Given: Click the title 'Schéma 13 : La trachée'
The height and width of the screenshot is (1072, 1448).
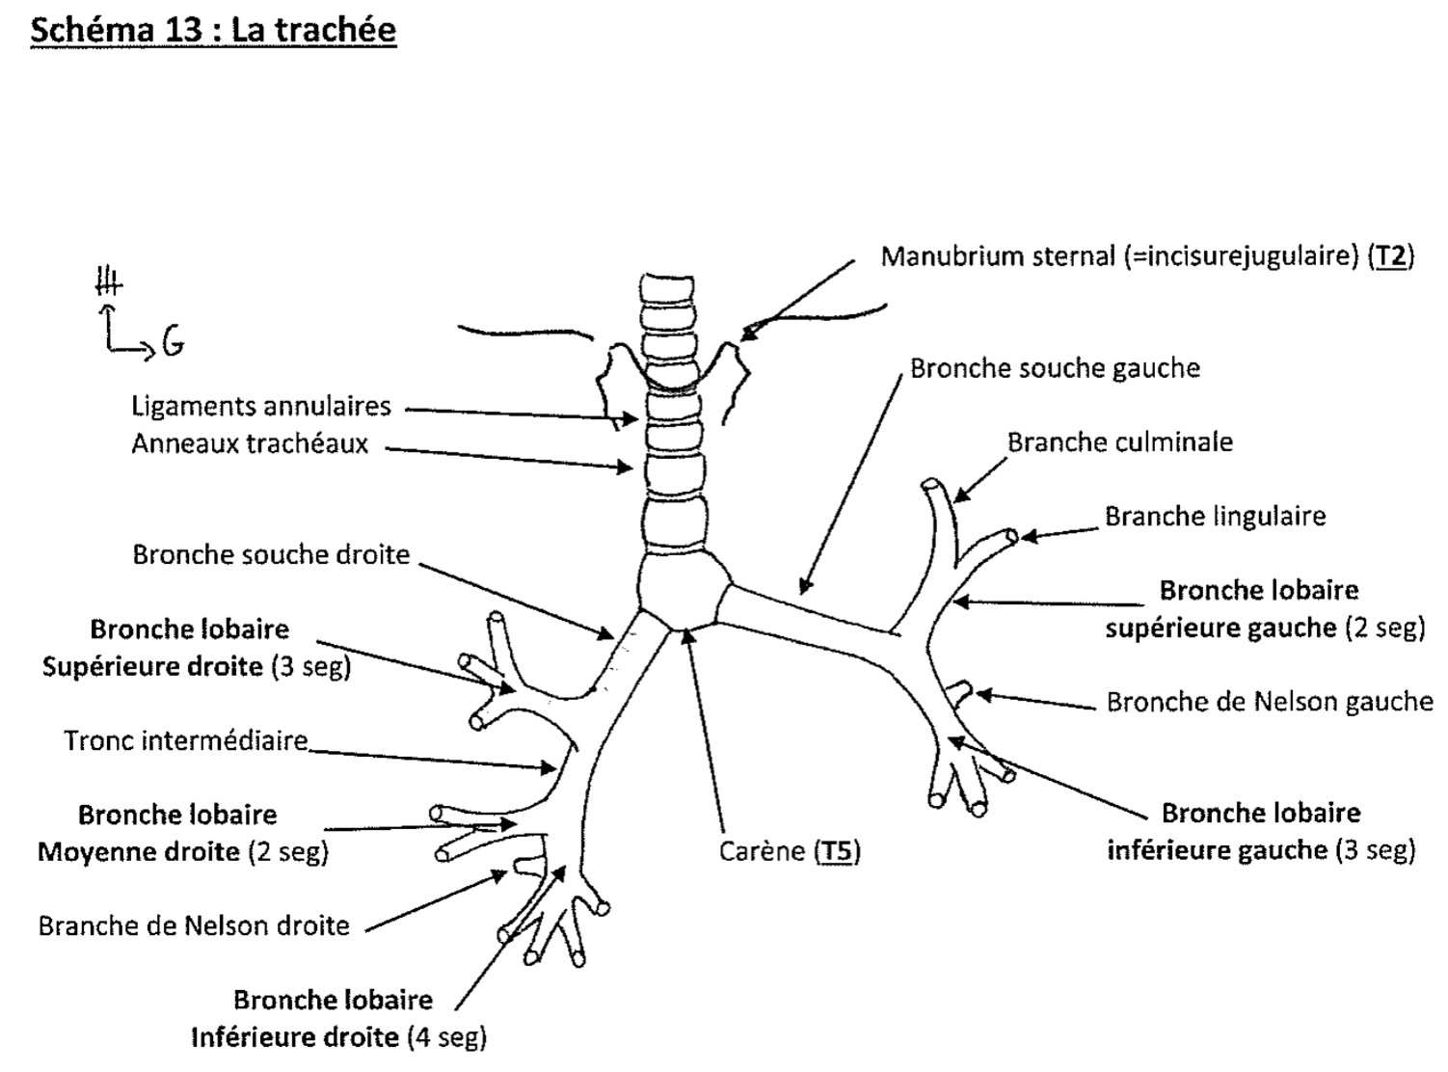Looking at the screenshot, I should click(213, 29).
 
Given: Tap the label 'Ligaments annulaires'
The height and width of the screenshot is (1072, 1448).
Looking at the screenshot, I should click(261, 406).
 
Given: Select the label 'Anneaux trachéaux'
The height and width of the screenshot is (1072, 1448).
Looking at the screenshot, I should click(250, 444).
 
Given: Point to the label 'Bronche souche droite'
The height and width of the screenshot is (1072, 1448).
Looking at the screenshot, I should click(271, 555).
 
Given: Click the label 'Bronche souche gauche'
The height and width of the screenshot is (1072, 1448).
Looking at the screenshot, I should click(1055, 368).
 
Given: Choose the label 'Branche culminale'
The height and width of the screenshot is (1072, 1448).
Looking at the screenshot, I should click(1119, 442).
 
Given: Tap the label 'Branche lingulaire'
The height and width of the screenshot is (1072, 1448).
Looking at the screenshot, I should click(1215, 517).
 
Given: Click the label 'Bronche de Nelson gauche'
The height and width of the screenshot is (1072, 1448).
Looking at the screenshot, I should click(1269, 702).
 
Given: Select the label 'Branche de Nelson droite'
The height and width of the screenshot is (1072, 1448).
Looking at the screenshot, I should click(194, 926).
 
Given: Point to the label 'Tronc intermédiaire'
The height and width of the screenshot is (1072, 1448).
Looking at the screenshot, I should click(186, 740).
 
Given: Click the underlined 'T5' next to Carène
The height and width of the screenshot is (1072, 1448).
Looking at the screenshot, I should click(838, 852).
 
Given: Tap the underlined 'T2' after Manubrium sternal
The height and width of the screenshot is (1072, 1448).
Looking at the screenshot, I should click(1391, 256).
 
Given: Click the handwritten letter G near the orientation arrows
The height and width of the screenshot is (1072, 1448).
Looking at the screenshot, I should click(174, 341).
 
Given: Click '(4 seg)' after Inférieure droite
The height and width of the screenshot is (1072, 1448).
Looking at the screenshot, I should click(446, 1038).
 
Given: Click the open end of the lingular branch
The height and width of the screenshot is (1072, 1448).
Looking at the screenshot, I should click(1011, 536).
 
